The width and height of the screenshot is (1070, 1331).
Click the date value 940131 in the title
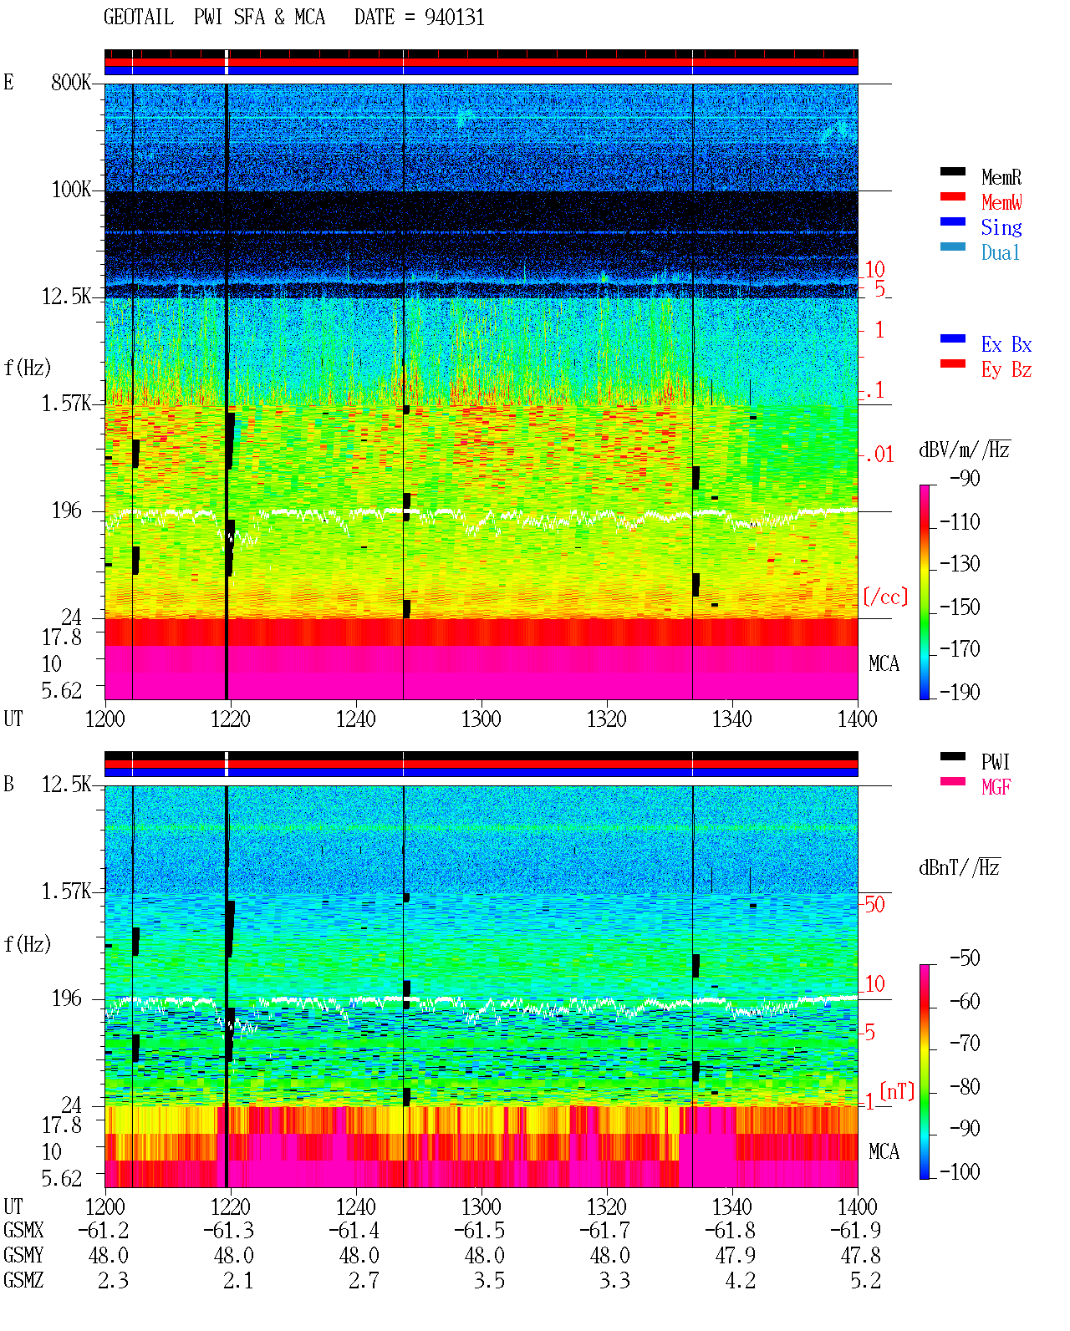click(x=454, y=17)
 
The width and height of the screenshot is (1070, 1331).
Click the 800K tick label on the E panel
click(x=71, y=82)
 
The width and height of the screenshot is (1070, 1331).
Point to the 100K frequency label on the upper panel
click(x=71, y=190)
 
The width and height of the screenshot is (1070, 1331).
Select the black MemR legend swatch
click(x=952, y=171)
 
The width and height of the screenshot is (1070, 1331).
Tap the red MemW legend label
click(x=1001, y=202)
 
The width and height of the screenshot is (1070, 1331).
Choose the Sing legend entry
click(x=1001, y=227)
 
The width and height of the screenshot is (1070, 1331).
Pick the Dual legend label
click(x=1001, y=252)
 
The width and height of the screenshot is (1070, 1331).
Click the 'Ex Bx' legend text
click(x=1006, y=344)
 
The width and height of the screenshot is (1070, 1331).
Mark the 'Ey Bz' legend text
click(x=1006, y=370)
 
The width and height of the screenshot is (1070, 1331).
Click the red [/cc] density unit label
click(x=885, y=597)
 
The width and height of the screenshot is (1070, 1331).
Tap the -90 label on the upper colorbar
click(x=965, y=478)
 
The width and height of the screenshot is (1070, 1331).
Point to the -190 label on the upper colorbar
click(x=960, y=692)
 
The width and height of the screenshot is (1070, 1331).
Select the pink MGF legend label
click(x=996, y=787)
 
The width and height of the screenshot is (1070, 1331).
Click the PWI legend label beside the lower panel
click(x=996, y=762)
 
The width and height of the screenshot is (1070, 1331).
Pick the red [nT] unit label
click(x=897, y=1091)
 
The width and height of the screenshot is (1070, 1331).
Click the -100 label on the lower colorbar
click(x=960, y=1171)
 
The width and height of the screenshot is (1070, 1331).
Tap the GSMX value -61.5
click(x=480, y=1231)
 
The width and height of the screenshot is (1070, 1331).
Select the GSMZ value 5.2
click(x=865, y=1280)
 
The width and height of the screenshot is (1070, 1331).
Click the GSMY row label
click(x=23, y=1256)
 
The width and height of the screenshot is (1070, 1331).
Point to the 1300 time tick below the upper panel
click(x=481, y=719)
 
